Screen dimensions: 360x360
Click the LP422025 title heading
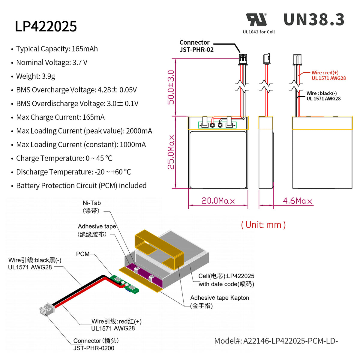(x=46, y=26)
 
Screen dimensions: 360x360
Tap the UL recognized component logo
(x=256, y=20)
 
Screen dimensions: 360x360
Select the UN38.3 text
(x=314, y=20)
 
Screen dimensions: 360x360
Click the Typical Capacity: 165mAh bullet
(x=57, y=49)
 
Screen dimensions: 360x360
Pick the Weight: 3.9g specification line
(x=35, y=76)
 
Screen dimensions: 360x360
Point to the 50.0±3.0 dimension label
(x=171, y=87)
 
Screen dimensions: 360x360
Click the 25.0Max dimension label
(x=171, y=152)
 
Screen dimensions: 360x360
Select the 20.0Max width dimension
(x=218, y=201)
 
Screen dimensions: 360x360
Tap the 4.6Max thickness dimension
(x=297, y=201)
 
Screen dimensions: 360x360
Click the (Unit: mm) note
(x=263, y=225)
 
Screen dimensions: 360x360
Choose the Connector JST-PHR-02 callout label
(x=196, y=46)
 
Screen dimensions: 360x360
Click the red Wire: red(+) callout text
(x=328, y=75)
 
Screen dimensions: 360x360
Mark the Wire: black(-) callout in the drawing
(x=323, y=96)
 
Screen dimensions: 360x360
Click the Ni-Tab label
(x=91, y=207)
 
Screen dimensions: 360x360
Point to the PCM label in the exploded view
(x=83, y=254)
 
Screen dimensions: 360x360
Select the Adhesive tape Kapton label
(x=219, y=301)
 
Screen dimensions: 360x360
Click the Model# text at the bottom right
(x=276, y=341)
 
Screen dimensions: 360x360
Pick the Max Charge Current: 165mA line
(x=60, y=117)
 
